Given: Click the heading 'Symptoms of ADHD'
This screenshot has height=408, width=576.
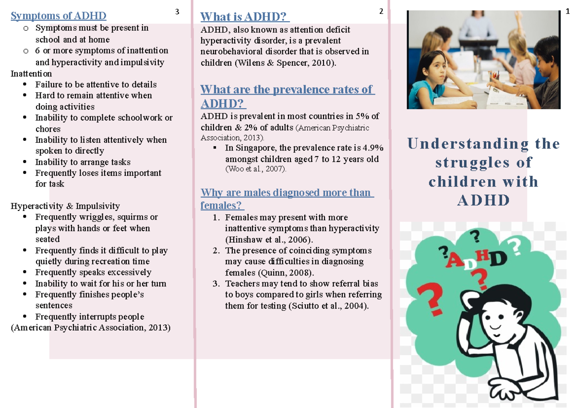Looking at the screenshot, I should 59,16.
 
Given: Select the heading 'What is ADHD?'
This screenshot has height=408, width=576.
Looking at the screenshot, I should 245,17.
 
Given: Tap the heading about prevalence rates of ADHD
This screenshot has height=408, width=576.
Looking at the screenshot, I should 287,96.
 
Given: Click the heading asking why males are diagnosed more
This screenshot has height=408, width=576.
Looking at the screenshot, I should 287,199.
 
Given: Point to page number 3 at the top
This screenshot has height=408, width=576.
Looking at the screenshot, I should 177,12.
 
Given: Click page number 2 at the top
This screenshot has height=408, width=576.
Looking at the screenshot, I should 381,12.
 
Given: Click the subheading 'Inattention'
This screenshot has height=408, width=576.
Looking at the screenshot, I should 31,74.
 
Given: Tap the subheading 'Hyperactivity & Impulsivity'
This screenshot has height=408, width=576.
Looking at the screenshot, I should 65,206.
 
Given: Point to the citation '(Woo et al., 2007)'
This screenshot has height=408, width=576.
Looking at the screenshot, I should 255,169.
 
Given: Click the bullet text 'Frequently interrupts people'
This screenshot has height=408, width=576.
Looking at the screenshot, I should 90,317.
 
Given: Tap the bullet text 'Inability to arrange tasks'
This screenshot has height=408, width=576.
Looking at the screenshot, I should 83,162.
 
